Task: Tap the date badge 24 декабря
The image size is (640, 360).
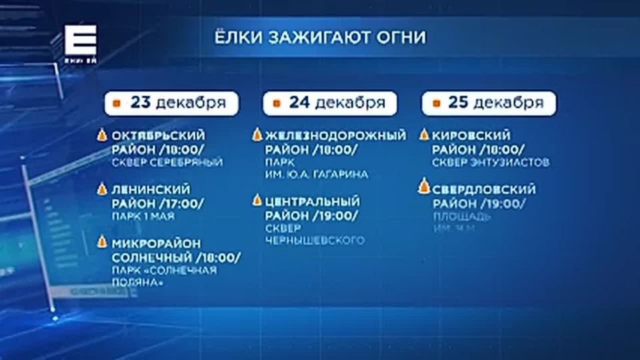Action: point(330,103)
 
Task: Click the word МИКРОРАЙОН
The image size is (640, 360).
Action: point(156,243)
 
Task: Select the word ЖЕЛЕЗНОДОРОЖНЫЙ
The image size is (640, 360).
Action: point(335,135)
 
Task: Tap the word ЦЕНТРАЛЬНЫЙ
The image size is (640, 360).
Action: point(312,201)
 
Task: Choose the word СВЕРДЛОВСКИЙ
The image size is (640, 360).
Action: point(483,190)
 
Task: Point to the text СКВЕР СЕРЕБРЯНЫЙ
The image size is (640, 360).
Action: point(167,162)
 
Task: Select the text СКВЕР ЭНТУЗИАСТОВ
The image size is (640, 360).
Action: point(491,162)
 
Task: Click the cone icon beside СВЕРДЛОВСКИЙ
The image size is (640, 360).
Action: point(423,187)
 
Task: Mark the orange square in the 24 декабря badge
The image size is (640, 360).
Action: point(275,103)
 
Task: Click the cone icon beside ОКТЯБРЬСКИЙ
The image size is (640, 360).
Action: point(102,135)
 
